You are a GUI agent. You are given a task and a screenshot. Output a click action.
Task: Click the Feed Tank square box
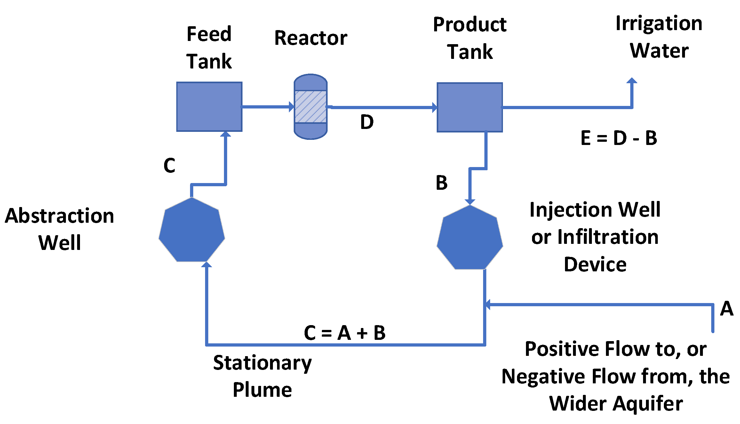[x=209, y=107]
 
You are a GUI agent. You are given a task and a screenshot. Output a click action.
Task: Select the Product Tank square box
[x=469, y=107]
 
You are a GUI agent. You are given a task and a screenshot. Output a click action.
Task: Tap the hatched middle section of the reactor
[x=310, y=107]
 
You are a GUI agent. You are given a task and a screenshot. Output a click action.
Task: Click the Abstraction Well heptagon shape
[x=192, y=230]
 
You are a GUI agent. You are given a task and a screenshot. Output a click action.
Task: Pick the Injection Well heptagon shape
[x=470, y=238]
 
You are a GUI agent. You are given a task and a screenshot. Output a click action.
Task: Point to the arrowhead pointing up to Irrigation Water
[x=632, y=81]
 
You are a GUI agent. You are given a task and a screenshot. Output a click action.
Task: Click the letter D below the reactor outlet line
[x=367, y=122]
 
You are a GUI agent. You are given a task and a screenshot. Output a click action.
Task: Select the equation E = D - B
[x=619, y=138]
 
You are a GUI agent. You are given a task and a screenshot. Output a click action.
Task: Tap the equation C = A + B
[x=345, y=333]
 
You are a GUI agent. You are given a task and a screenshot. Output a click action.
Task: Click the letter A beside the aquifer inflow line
[x=726, y=308]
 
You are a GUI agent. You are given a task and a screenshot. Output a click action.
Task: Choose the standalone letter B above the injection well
[x=442, y=183]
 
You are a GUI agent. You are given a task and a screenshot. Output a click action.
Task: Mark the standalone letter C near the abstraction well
[x=169, y=165]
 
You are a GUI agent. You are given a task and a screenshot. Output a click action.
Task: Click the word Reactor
[x=311, y=38]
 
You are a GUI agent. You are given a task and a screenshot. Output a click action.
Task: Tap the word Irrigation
[x=659, y=23]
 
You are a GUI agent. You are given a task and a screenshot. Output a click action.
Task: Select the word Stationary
[x=262, y=363]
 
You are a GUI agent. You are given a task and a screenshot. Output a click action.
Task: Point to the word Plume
[x=262, y=390]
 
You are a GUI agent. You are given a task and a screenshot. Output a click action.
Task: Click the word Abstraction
[x=60, y=216]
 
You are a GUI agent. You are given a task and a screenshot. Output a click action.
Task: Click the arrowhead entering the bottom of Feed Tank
[x=226, y=134]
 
